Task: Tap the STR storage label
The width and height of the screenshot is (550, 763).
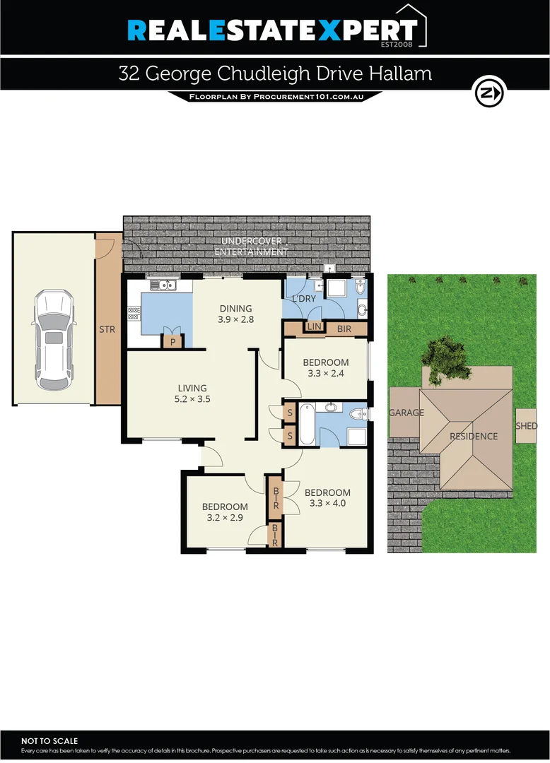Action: pyautogui.click(x=107, y=329)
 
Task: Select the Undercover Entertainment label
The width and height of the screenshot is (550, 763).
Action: pyautogui.click(x=251, y=247)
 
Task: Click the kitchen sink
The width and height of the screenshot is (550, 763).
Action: pyautogui.click(x=167, y=285)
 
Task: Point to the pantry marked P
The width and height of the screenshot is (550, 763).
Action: pyautogui.click(x=172, y=341)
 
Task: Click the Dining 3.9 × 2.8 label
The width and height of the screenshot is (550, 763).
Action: pyautogui.click(x=235, y=314)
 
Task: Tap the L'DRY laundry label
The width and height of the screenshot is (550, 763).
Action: pyautogui.click(x=304, y=300)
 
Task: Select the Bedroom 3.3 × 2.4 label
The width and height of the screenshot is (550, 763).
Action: pyautogui.click(x=325, y=368)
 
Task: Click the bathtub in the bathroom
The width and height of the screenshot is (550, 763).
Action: pyautogui.click(x=306, y=425)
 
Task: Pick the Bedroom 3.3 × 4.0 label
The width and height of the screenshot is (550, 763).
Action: pyautogui.click(x=327, y=498)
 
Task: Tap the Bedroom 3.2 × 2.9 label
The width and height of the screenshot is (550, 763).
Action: pyautogui.click(x=225, y=512)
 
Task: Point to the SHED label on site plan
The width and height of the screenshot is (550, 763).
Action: pyautogui.click(x=527, y=426)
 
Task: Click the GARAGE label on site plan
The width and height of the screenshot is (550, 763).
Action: pyautogui.click(x=406, y=413)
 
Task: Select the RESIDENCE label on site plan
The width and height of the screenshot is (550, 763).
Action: pyautogui.click(x=474, y=436)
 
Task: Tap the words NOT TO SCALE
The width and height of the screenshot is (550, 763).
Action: pyautogui.click(x=49, y=740)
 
